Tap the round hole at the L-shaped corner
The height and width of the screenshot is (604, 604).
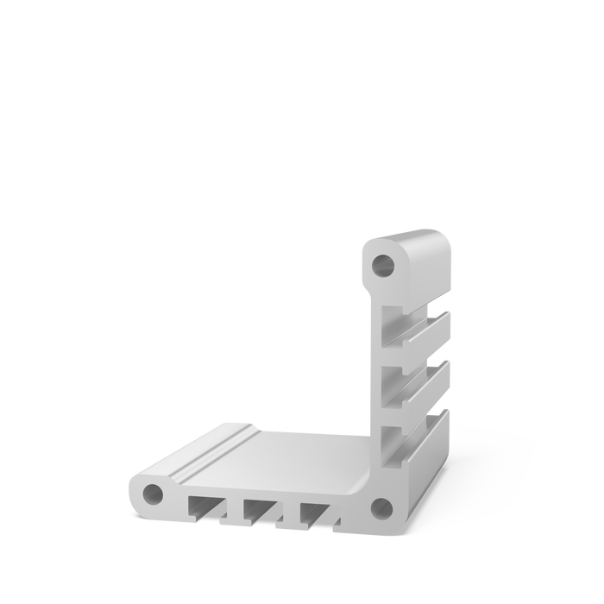381,506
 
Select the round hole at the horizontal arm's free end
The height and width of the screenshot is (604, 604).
153,494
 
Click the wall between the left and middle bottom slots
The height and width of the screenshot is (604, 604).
234,510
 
